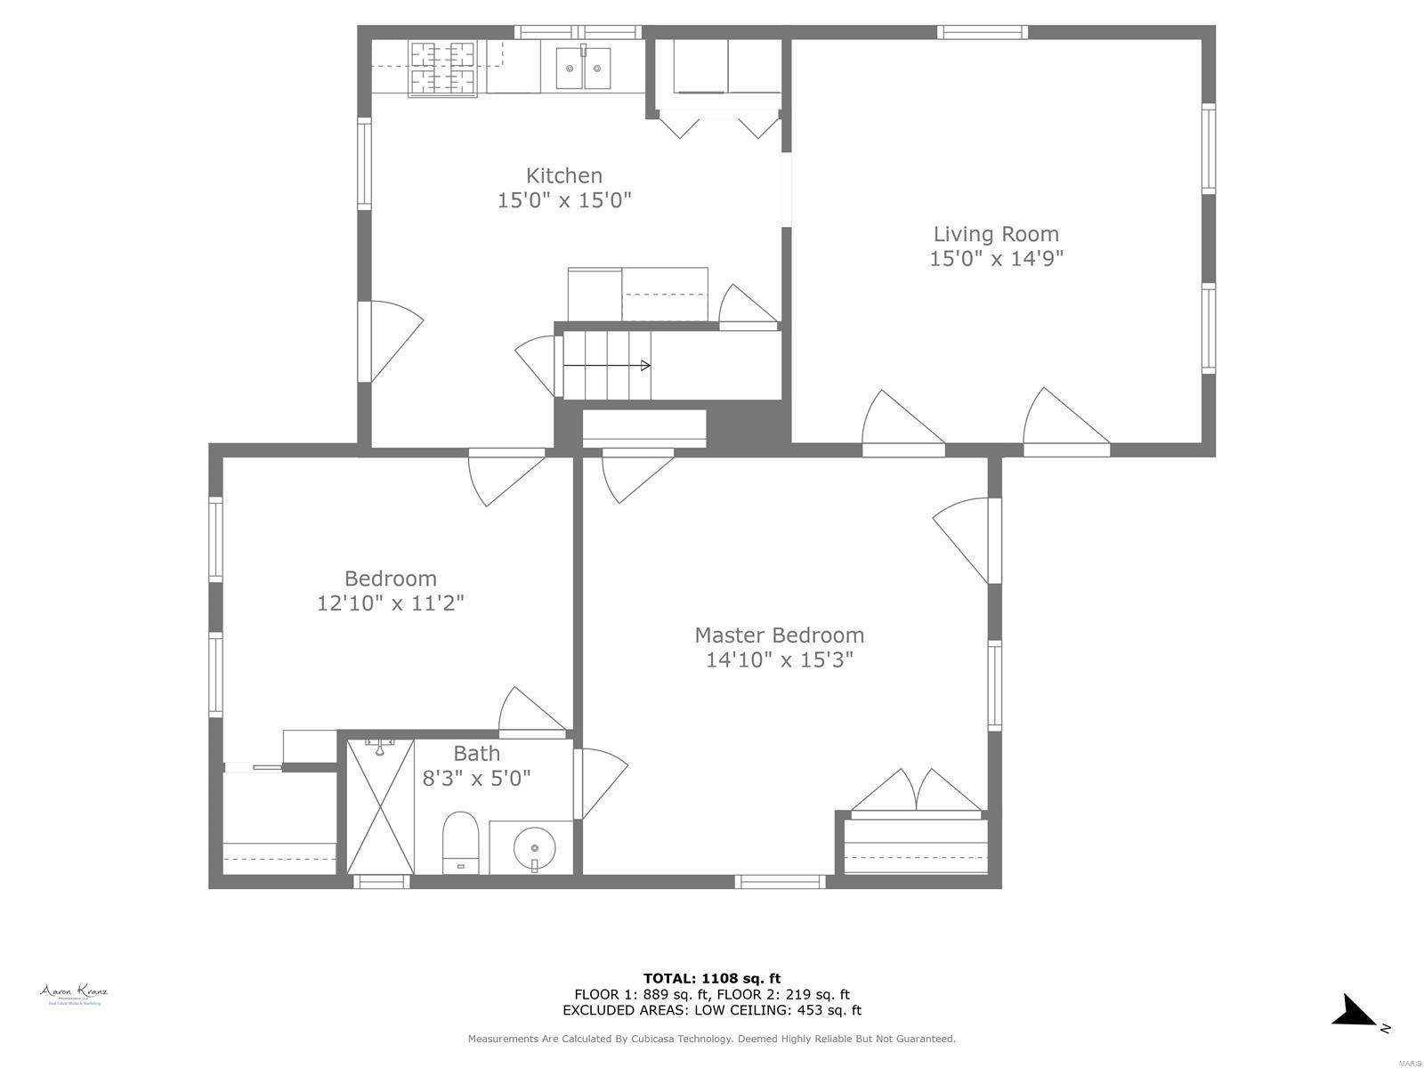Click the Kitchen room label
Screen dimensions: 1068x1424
click(563, 175)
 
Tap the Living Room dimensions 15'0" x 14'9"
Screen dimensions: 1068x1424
click(996, 258)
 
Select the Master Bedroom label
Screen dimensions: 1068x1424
click(779, 635)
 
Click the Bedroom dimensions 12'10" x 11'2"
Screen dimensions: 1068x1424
click(391, 603)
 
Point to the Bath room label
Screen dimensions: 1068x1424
click(476, 753)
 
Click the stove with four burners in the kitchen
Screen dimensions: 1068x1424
click(442, 68)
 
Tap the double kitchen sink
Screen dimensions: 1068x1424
click(584, 68)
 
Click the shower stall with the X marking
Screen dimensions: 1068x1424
click(380, 806)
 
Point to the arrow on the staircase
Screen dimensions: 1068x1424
click(607, 366)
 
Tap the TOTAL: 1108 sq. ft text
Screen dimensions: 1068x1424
click(712, 978)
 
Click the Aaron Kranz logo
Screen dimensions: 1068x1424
click(73, 994)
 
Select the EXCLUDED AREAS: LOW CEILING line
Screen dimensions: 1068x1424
click(712, 1010)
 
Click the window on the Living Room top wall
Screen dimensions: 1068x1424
click(983, 33)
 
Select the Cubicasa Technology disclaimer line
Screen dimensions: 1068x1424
click(712, 1039)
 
